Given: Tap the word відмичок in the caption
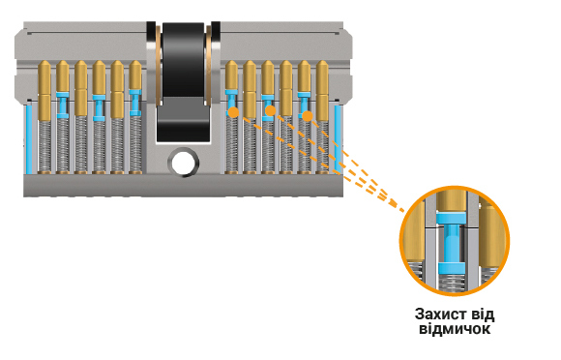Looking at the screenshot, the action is coord(455,329).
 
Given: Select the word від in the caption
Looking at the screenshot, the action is coord(483,315).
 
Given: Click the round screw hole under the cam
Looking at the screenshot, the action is coord(184,164).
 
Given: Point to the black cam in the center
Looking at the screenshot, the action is coord(183,81).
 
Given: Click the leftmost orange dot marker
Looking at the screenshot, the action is coord(233,112).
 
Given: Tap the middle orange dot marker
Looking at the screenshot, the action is coord(270,110).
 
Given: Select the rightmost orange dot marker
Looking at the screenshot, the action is coord(307,116).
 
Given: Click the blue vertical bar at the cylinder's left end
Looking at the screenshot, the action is coord(29,139).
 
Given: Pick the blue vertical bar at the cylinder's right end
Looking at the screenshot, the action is coord(338,138).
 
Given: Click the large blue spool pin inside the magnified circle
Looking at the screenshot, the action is coord(451,243).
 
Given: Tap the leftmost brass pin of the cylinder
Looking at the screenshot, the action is coord(44,91).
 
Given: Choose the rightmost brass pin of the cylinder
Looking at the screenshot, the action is coord(322,91).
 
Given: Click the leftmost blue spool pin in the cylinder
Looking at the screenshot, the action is coord(63,105).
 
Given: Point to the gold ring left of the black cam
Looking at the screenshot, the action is coord(158,63).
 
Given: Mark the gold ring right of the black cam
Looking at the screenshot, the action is coord(208,63).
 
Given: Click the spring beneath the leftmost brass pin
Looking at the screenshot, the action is coord(44,147).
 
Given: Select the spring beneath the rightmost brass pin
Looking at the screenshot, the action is coord(322,147).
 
